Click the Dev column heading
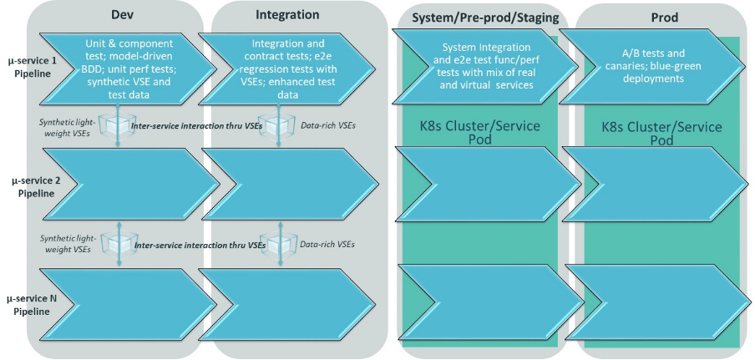(123, 15)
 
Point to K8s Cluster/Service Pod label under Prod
(661, 134)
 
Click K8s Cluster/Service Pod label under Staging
(480, 134)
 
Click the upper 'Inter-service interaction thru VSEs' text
(198, 125)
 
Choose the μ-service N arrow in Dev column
(117, 299)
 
